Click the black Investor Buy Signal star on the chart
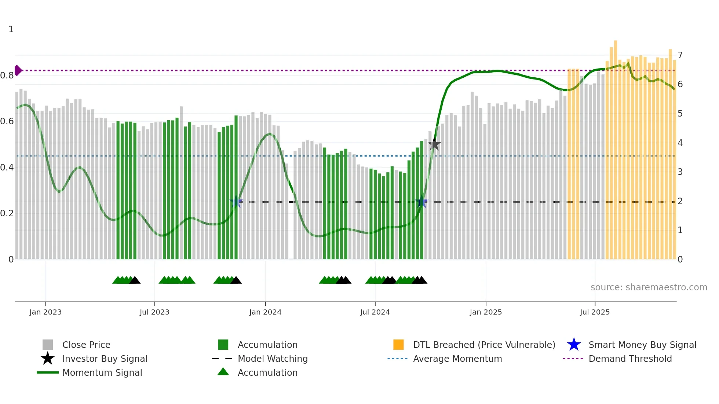434,145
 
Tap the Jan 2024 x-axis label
265,312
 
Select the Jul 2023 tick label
154,312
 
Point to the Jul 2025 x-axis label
595,312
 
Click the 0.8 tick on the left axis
7,76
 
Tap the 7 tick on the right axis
680,55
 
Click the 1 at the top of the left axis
11,29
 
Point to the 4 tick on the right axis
680,143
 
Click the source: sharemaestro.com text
649,287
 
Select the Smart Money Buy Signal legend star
574,345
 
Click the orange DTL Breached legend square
398,345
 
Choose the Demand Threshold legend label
630,359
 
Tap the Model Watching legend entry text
273,359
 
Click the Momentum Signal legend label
102,373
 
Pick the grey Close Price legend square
48,345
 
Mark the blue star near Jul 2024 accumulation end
421,202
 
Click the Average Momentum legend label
457,359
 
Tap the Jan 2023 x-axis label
45,312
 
